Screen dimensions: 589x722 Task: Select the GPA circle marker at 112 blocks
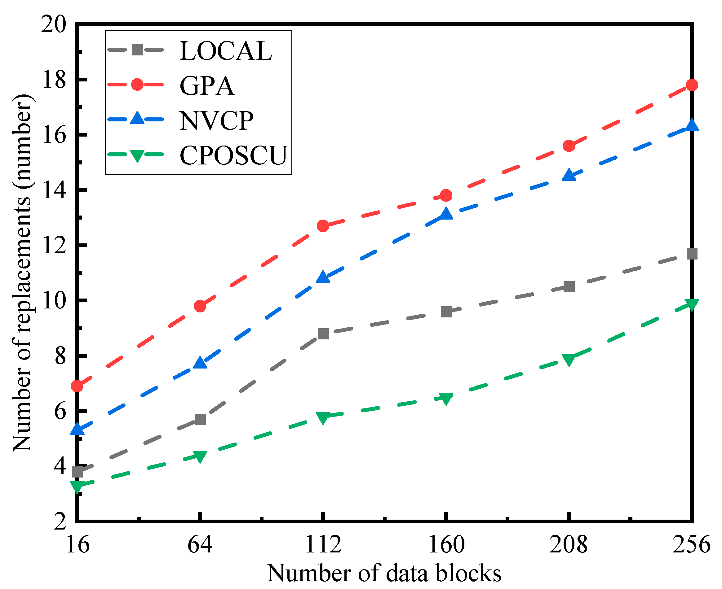click(x=323, y=226)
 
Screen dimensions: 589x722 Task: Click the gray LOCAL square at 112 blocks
click(x=323, y=334)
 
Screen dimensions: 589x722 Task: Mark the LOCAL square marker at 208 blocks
click(x=569, y=287)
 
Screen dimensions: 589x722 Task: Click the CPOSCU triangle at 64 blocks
click(x=200, y=456)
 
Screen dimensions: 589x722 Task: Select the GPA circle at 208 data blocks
click(x=569, y=146)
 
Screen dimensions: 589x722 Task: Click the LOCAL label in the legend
click(x=226, y=51)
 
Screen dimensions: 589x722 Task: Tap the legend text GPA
click(x=207, y=86)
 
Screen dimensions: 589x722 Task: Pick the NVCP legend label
click(x=216, y=121)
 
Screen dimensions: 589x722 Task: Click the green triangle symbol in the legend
click(x=137, y=155)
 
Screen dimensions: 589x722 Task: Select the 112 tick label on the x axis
click(x=323, y=544)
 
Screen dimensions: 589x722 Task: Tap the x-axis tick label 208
click(x=569, y=544)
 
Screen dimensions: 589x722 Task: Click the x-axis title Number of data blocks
click(x=384, y=574)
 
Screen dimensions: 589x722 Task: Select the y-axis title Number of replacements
click(x=22, y=273)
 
